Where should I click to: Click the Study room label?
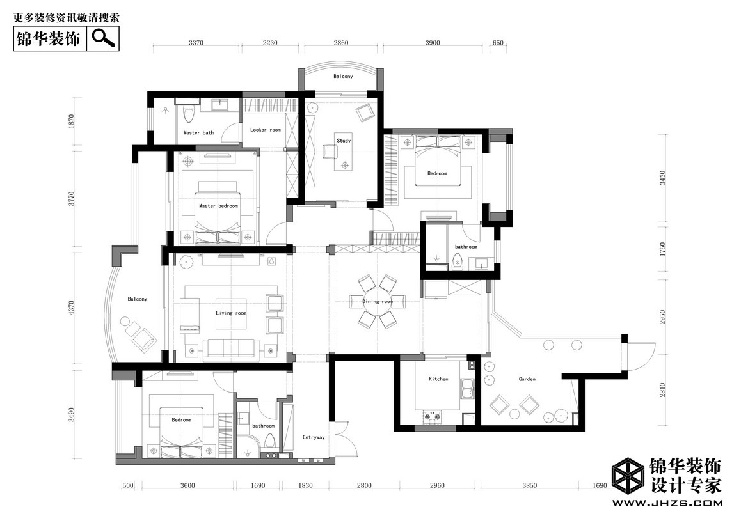pyautogui.click(x=344, y=141)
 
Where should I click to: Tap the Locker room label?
pyautogui.click(x=265, y=130)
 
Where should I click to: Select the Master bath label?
pyautogui.click(x=198, y=132)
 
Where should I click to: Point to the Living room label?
pyautogui.click(x=231, y=313)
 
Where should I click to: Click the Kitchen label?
pyautogui.click(x=438, y=379)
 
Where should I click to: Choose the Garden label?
pyautogui.click(x=527, y=379)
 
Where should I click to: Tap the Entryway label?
pyautogui.click(x=314, y=437)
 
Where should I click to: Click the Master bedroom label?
pyautogui.click(x=218, y=206)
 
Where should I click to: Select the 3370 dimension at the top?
pyautogui.click(x=196, y=42)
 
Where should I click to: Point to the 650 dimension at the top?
pyautogui.click(x=498, y=42)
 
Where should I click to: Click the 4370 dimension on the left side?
pyautogui.click(x=72, y=308)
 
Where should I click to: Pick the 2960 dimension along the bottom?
pyautogui.click(x=437, y=485)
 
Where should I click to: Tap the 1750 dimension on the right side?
pyautogui.click(x=662, y=249)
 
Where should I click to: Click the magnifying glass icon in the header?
pyautogui.click(x=104, y=38)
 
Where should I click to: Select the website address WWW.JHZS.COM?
pyautogui.click(x=668, y=503)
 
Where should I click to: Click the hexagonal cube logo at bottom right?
pyautogui.click(x=628, y=476)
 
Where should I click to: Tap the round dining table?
pyautogui.click(x=377, y=301)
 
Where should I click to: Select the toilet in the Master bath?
pyautogui.click(x=189, y=113)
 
